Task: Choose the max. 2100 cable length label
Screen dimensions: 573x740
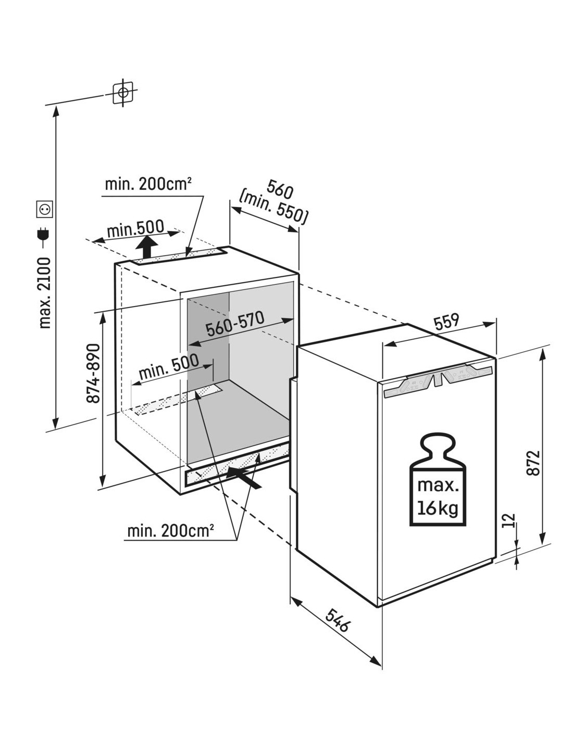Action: pos(45,293)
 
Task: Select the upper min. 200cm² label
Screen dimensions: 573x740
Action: pos(148,185)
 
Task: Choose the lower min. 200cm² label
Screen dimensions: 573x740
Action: pos(171,531)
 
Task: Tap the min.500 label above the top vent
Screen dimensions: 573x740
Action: pos(135,228)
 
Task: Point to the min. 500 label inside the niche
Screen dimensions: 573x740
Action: pos(169,367)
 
